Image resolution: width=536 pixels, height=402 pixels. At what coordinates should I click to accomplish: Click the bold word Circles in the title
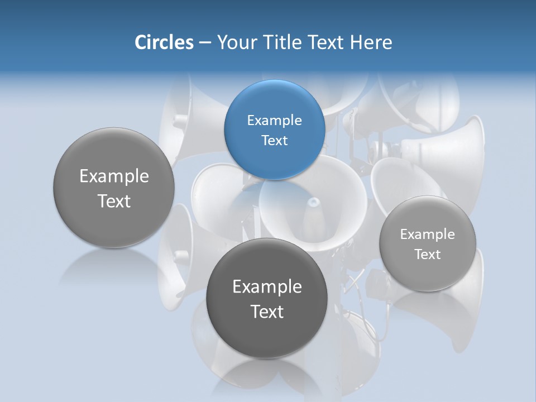click(x=164, y=42)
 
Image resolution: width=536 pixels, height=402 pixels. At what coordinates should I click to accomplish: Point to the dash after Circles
click(x=205, y=43)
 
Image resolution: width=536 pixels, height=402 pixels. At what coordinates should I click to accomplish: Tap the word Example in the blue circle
click(x=274, y=121)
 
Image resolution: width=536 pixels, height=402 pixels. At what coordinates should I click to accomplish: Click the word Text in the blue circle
click(x=274, y=140)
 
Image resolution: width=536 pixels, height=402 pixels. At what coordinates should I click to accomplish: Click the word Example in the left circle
click(x=114, y=176)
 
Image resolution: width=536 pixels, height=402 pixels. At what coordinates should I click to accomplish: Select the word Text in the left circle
click(x=114, y=201)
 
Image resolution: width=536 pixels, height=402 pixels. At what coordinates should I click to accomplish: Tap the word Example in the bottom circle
click(x=267, y=287)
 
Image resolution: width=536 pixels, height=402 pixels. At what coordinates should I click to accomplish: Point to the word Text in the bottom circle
click(x=267, y=312)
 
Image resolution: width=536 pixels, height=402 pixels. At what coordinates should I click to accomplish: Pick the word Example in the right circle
click(x=427, y=234)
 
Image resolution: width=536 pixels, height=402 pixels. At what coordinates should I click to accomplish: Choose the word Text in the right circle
click(x=427, y=255)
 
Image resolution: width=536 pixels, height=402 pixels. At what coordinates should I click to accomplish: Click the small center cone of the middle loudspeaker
click(x=314, y=202)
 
